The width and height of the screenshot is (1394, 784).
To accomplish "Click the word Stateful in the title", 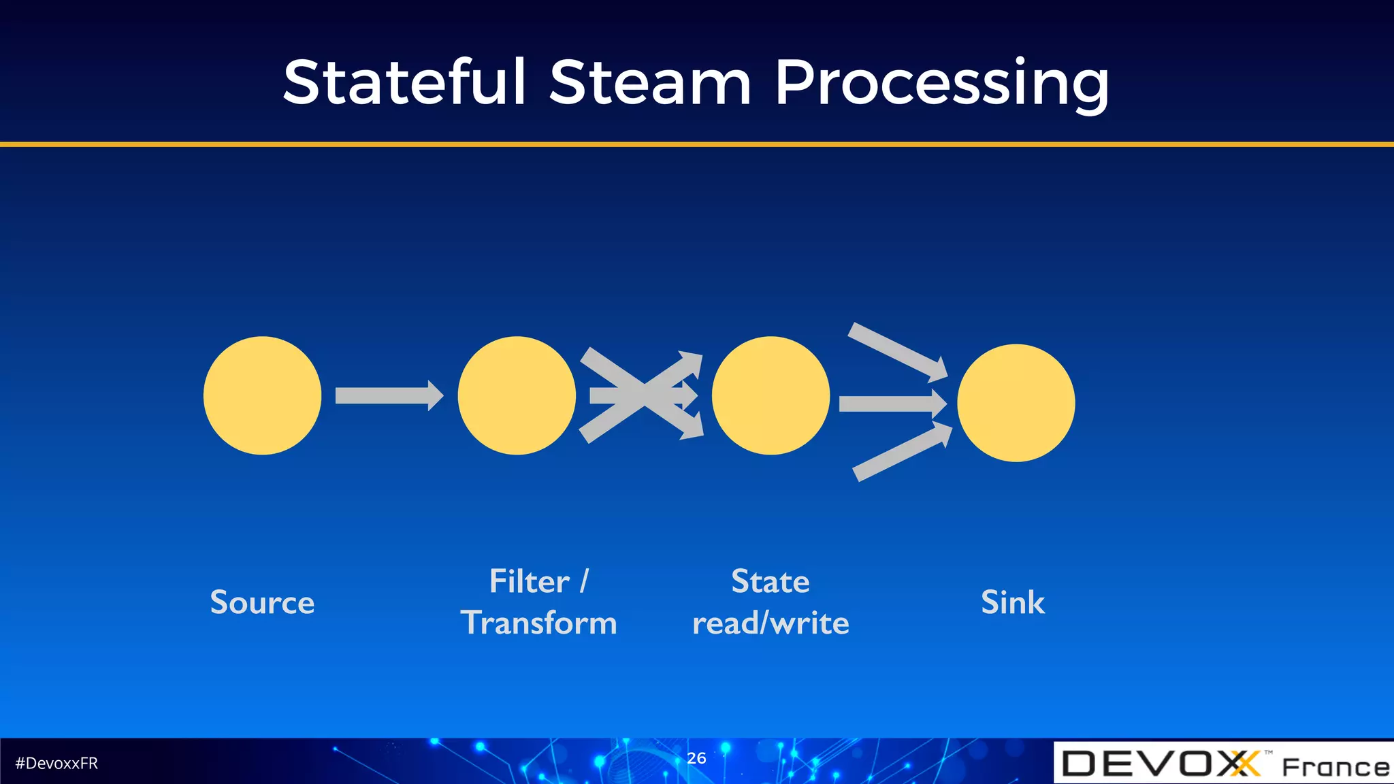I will pos(404,82).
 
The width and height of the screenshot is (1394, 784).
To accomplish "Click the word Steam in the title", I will pos(650,82).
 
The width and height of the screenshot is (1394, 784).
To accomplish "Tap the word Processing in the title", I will pos(942,84).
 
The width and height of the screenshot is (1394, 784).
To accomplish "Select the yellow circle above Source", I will pos(262,395).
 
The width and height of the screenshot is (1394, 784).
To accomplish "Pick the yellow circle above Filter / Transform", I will pos(517,395).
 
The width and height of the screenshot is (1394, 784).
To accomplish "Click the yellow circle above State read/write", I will pos(771,395).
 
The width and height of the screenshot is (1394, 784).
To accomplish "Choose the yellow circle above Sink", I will pos(1016,403).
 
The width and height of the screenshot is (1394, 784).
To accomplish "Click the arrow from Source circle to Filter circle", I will pos(388,395).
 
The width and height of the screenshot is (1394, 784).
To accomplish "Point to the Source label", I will pos(262,602).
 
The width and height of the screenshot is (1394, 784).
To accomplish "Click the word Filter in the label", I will pos(529,581).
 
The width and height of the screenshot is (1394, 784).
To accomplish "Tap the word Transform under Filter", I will pos(538,623).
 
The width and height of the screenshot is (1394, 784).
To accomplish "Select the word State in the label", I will pos(770,581).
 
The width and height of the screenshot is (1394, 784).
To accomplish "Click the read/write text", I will pos(770,623).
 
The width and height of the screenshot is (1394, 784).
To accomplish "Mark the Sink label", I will pos(1012,602).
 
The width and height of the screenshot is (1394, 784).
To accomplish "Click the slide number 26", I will pos(696,757).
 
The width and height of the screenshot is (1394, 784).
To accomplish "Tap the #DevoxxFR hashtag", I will pos(56,763).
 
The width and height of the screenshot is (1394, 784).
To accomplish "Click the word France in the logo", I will pos(1335,767).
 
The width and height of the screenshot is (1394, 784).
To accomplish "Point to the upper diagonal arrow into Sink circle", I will pos(897,352).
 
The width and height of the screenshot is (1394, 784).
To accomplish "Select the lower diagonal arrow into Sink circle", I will pos(902,452).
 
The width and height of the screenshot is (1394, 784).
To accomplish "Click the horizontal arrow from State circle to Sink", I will pos(892,404).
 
